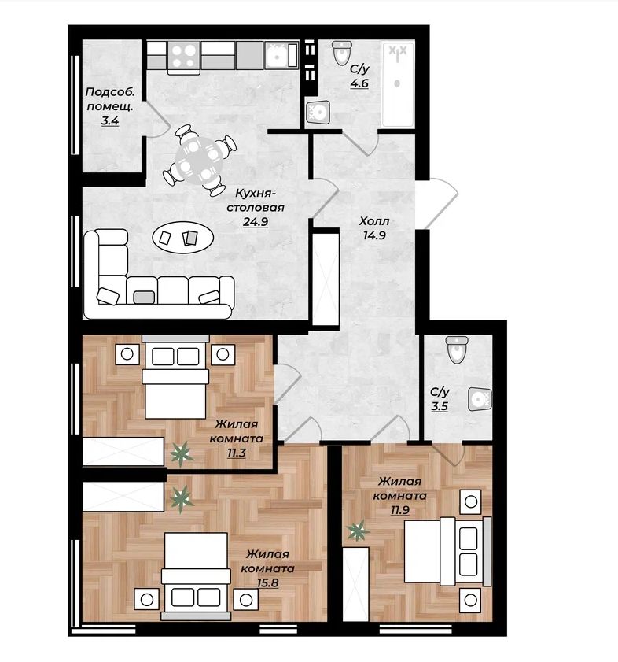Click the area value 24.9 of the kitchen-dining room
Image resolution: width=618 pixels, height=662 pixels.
tap(256, 221)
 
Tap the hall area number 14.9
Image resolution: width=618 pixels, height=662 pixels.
tap(374, 235)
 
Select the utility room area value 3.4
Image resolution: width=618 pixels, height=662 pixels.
tap(109, 120)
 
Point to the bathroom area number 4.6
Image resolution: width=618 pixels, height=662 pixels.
tap(359, 83)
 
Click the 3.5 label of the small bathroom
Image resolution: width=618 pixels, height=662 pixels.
tap(440, 406)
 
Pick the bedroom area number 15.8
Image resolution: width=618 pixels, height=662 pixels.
tap(267, 583)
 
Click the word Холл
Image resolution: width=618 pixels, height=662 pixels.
tap(374, 221)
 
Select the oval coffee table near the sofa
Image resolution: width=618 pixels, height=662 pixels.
tap(183, 238)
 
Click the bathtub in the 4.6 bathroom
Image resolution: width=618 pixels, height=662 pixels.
tap(397, 83)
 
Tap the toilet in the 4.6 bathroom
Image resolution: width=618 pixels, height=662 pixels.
tap(342, 53)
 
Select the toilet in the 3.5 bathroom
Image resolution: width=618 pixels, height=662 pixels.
tap(457, 349)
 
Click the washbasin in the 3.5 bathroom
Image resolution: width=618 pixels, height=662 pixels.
tap(480, 399)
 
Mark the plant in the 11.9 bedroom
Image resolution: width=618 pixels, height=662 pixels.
tap(359, 531)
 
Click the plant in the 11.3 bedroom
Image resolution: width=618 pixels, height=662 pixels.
tap(182, 454)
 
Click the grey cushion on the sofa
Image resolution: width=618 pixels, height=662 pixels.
tap(144, 298)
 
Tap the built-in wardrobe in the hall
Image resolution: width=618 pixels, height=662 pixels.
tap(326, 278)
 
